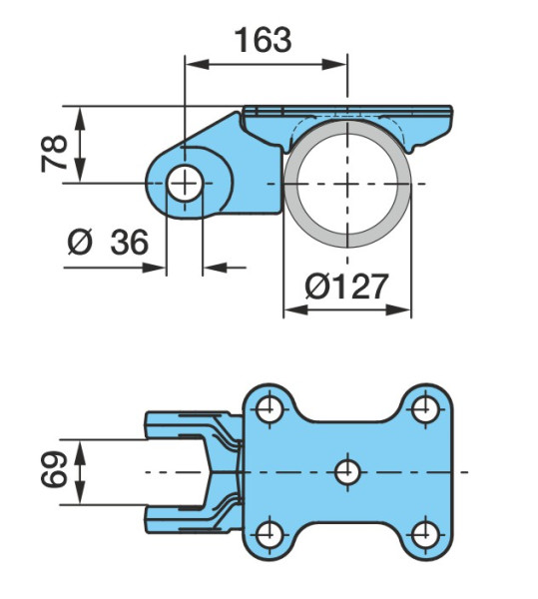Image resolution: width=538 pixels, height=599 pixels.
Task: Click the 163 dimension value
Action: (x=263, y=40)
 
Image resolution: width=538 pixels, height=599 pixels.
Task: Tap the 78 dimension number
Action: (x=55, y=153)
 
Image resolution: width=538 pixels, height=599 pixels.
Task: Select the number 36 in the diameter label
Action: (x=129, y=243)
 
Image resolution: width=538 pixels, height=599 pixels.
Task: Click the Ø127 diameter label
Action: (x=346, y=287)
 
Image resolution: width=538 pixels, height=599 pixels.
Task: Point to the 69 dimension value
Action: (x=54, y=469)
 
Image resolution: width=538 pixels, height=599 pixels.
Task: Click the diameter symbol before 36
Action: (x=80, y=243)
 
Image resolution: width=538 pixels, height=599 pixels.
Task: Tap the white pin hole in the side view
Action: (x=185, y=184)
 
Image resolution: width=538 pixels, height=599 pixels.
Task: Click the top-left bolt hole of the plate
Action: (x=269, y=409)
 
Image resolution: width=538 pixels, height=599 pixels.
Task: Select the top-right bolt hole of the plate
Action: (x=426, y=409)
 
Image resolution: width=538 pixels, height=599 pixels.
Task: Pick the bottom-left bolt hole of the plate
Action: (x=269, y=534)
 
